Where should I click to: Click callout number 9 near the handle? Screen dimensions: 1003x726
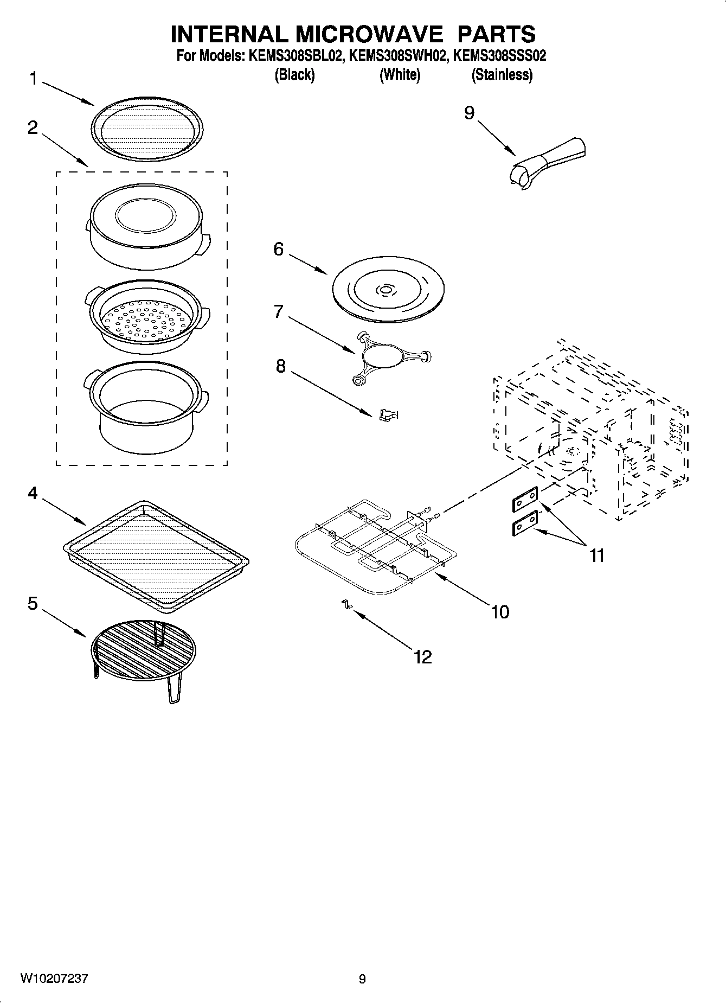tap(469, 112)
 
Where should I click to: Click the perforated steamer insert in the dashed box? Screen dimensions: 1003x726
tap(147, 320)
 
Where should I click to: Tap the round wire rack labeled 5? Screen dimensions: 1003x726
tap(144, 651)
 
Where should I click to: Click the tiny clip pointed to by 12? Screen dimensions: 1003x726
tap(344, 604)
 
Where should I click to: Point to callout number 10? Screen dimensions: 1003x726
tap(500, 612)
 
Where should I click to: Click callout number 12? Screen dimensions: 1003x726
tap(422, 657)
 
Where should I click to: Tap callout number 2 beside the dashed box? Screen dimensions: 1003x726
tap(33, 128)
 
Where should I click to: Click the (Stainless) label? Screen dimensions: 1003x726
tap(502, 75)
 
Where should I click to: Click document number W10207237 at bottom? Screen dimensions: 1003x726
tap(54, 979)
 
